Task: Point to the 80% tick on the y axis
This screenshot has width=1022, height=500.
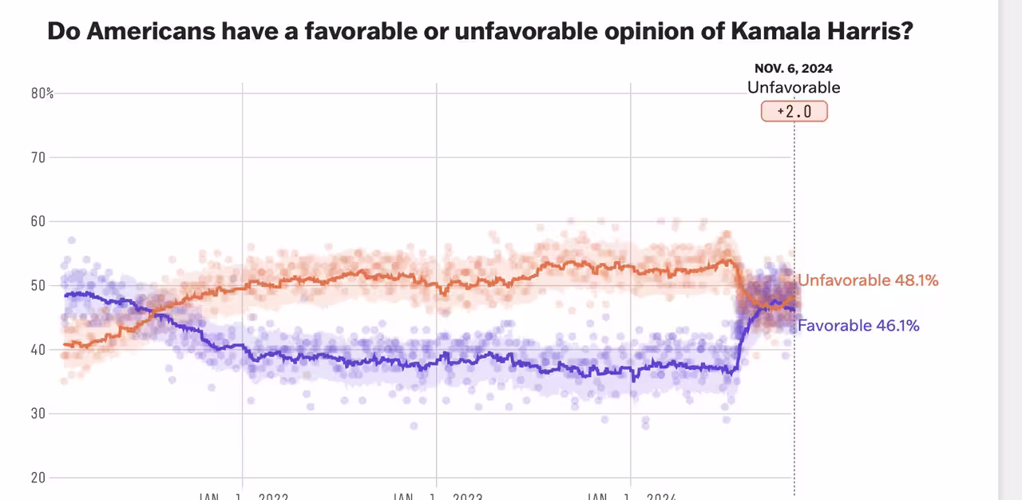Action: (42, 93)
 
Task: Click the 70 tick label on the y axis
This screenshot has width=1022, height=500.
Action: (37, 157)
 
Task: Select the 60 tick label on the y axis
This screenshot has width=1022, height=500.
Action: (37, 221)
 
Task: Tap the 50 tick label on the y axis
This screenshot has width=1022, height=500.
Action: (37, 285)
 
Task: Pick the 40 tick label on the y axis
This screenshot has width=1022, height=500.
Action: (37, 349)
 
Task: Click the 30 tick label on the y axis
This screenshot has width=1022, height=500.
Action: (37, 414)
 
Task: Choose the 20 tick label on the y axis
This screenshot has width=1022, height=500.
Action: (37, 478)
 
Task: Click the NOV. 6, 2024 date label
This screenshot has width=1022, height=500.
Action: (794, 69)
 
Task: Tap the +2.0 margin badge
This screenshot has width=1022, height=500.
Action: (794, 111)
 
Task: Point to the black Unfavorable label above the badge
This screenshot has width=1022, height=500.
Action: (794, 88)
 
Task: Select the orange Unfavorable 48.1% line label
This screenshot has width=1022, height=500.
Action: (868, 280)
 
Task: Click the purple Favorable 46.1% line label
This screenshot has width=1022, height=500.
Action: (858, 325)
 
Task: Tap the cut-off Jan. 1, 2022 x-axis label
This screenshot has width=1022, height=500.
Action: (243, 496)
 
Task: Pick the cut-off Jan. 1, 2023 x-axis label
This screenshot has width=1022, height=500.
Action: (437, 496)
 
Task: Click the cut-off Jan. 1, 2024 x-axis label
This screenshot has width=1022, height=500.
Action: (632, 496)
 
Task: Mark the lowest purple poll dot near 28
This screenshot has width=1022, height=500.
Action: (414, 426)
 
